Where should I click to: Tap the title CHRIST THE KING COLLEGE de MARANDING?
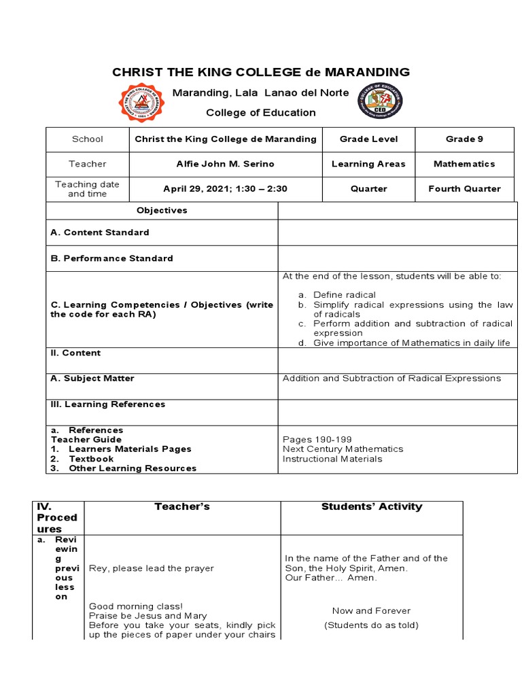(261, 72)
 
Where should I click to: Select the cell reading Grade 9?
(464, 139)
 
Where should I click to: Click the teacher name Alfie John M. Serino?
(226, 164)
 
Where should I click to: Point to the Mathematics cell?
(464, 164)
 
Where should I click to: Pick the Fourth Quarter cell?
(464, 189)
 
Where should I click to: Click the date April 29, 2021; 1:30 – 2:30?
(226, 189)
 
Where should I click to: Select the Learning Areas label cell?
(368, 164)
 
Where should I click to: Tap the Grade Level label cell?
(368, 139)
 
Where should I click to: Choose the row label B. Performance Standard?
(111, 258)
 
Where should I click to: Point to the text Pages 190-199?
(317, 439)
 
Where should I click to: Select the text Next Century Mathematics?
(343, 449)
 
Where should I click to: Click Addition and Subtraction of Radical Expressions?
(391, 378)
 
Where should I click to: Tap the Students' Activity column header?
(371, 506)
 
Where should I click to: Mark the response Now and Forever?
(371, 610)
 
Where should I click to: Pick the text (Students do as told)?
(371, 625)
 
